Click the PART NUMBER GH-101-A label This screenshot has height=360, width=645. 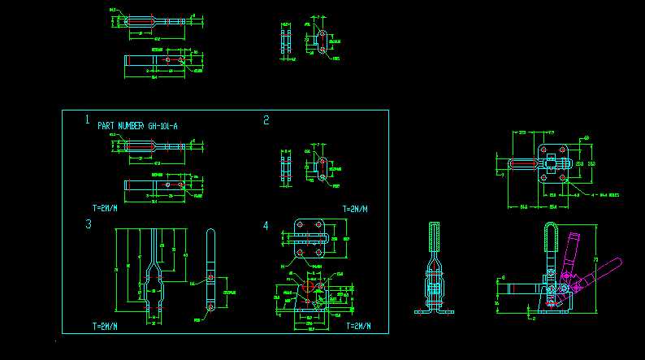tap(136, 126)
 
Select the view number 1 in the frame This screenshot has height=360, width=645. tap(87, 119)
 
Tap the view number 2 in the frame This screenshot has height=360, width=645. tap(266, 120)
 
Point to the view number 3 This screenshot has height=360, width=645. tap(88, 224)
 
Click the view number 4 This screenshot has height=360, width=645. tap(266, 225)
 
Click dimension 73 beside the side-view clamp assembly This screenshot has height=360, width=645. tap(597, 259)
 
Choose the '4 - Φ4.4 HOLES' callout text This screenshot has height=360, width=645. tap(605, 195)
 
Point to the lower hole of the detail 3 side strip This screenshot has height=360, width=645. tap(210, 308)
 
